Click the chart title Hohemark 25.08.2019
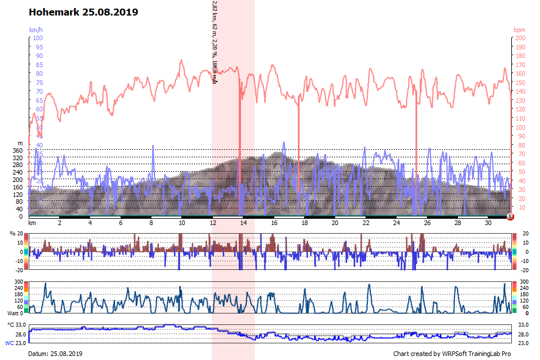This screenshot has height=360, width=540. (83, 11)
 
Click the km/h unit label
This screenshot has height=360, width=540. (36, 29)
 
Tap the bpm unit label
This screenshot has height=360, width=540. (519, 29)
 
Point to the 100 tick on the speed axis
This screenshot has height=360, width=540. (37, 38)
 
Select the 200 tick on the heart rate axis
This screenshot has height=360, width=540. (519, 38)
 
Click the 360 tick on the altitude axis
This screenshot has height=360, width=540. (18, 150)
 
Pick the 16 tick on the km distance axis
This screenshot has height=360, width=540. (274, 223)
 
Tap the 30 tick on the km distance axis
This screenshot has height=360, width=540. (488, 223)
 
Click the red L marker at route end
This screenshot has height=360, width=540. (511, 216)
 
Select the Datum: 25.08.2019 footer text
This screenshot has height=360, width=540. (55, 354)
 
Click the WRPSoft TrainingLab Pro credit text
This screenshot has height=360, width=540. (452, 354)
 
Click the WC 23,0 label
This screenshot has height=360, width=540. (15, 343)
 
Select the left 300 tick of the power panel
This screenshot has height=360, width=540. (18, 282)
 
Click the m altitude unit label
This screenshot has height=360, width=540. (20, 143)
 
